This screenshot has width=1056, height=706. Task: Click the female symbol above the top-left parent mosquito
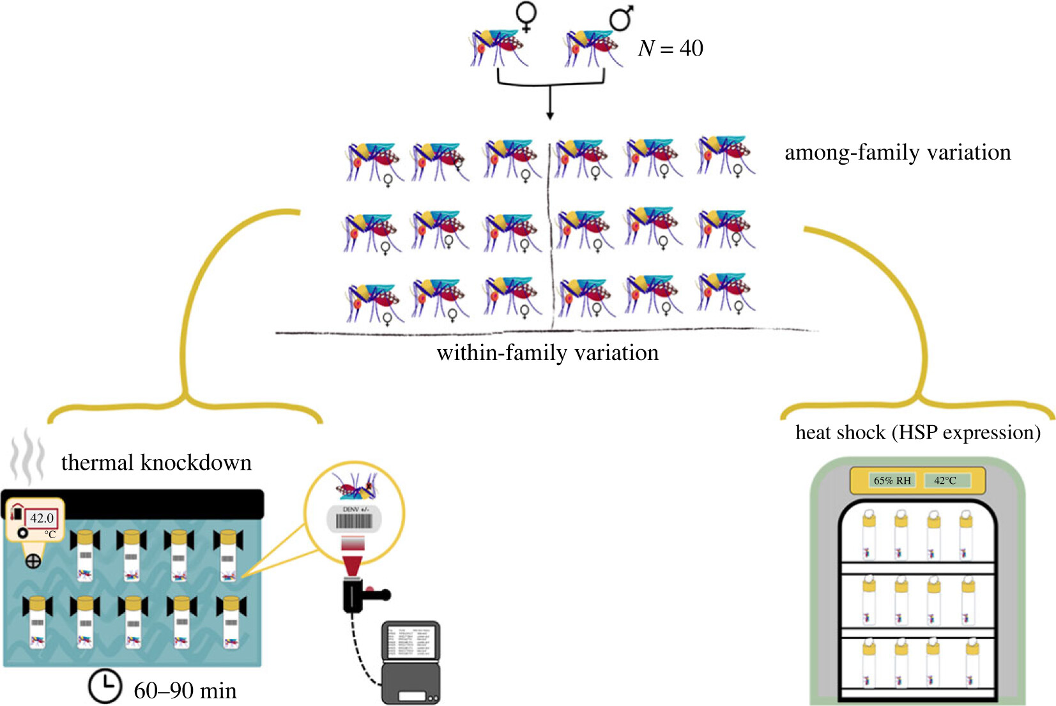point(526,17)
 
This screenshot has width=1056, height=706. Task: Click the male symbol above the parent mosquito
point(621,17)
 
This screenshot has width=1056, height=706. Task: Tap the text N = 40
point(670,49)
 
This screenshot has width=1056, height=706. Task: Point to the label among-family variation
point(898,153)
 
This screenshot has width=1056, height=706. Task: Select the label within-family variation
point(547,353)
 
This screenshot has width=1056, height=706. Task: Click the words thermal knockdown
point(157,463)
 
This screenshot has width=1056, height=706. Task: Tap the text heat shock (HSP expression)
point(917,433)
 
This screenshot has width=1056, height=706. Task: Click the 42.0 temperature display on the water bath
point(42,518)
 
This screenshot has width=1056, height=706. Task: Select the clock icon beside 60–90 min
point(104,686)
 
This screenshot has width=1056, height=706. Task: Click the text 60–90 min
point(185,691)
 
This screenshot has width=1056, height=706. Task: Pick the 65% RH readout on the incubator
point(892,480)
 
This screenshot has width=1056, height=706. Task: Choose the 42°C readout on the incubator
point(945,480)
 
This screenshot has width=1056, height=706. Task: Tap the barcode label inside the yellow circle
point(354,520)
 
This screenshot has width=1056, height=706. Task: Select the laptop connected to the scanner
point(411,664)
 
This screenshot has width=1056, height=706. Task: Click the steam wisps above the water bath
point(27,456)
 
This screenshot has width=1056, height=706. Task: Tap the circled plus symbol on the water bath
point(33,561)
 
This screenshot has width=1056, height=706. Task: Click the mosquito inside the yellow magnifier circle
point(355,486)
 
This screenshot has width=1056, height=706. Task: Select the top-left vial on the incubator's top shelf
point(869,535)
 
